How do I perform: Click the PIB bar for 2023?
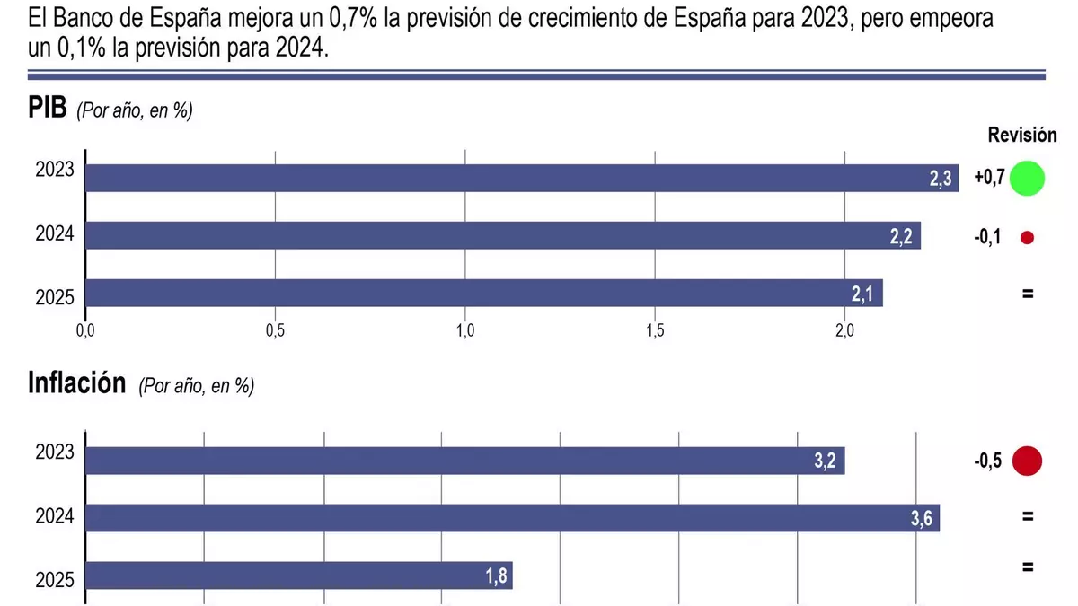(x=521, y=178)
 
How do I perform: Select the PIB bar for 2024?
(x=503, y=235)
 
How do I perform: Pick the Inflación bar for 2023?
(x=464, y=461)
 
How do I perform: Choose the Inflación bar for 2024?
(x=512, y=518)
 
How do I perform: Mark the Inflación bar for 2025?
(x=298, y=575)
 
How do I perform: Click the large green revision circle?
(x=1027, y=178)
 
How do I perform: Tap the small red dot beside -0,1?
(x=1028, y=238)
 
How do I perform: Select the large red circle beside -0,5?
(x=1027, y=461)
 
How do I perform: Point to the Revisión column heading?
(x=1022, y=136)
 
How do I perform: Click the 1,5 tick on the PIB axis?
(x=655, y=330)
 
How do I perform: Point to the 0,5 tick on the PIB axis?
(x=275, y=330)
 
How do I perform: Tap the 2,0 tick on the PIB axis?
(x=844, y=330)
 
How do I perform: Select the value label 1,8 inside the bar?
(x=498, y=577)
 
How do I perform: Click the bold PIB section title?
(x=48, y=109)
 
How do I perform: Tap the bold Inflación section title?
(x=76, y=383)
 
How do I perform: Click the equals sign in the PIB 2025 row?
(x=1028, y=294)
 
